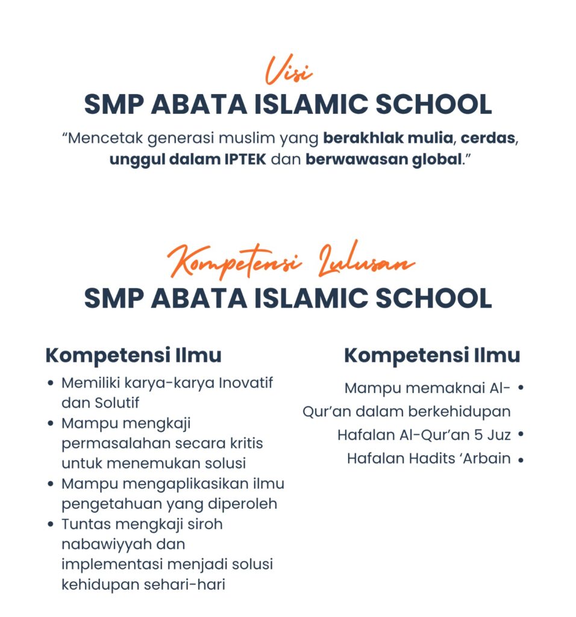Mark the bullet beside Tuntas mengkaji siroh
pos(51,524)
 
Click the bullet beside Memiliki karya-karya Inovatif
pos(51,383)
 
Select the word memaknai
pos(446,387)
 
